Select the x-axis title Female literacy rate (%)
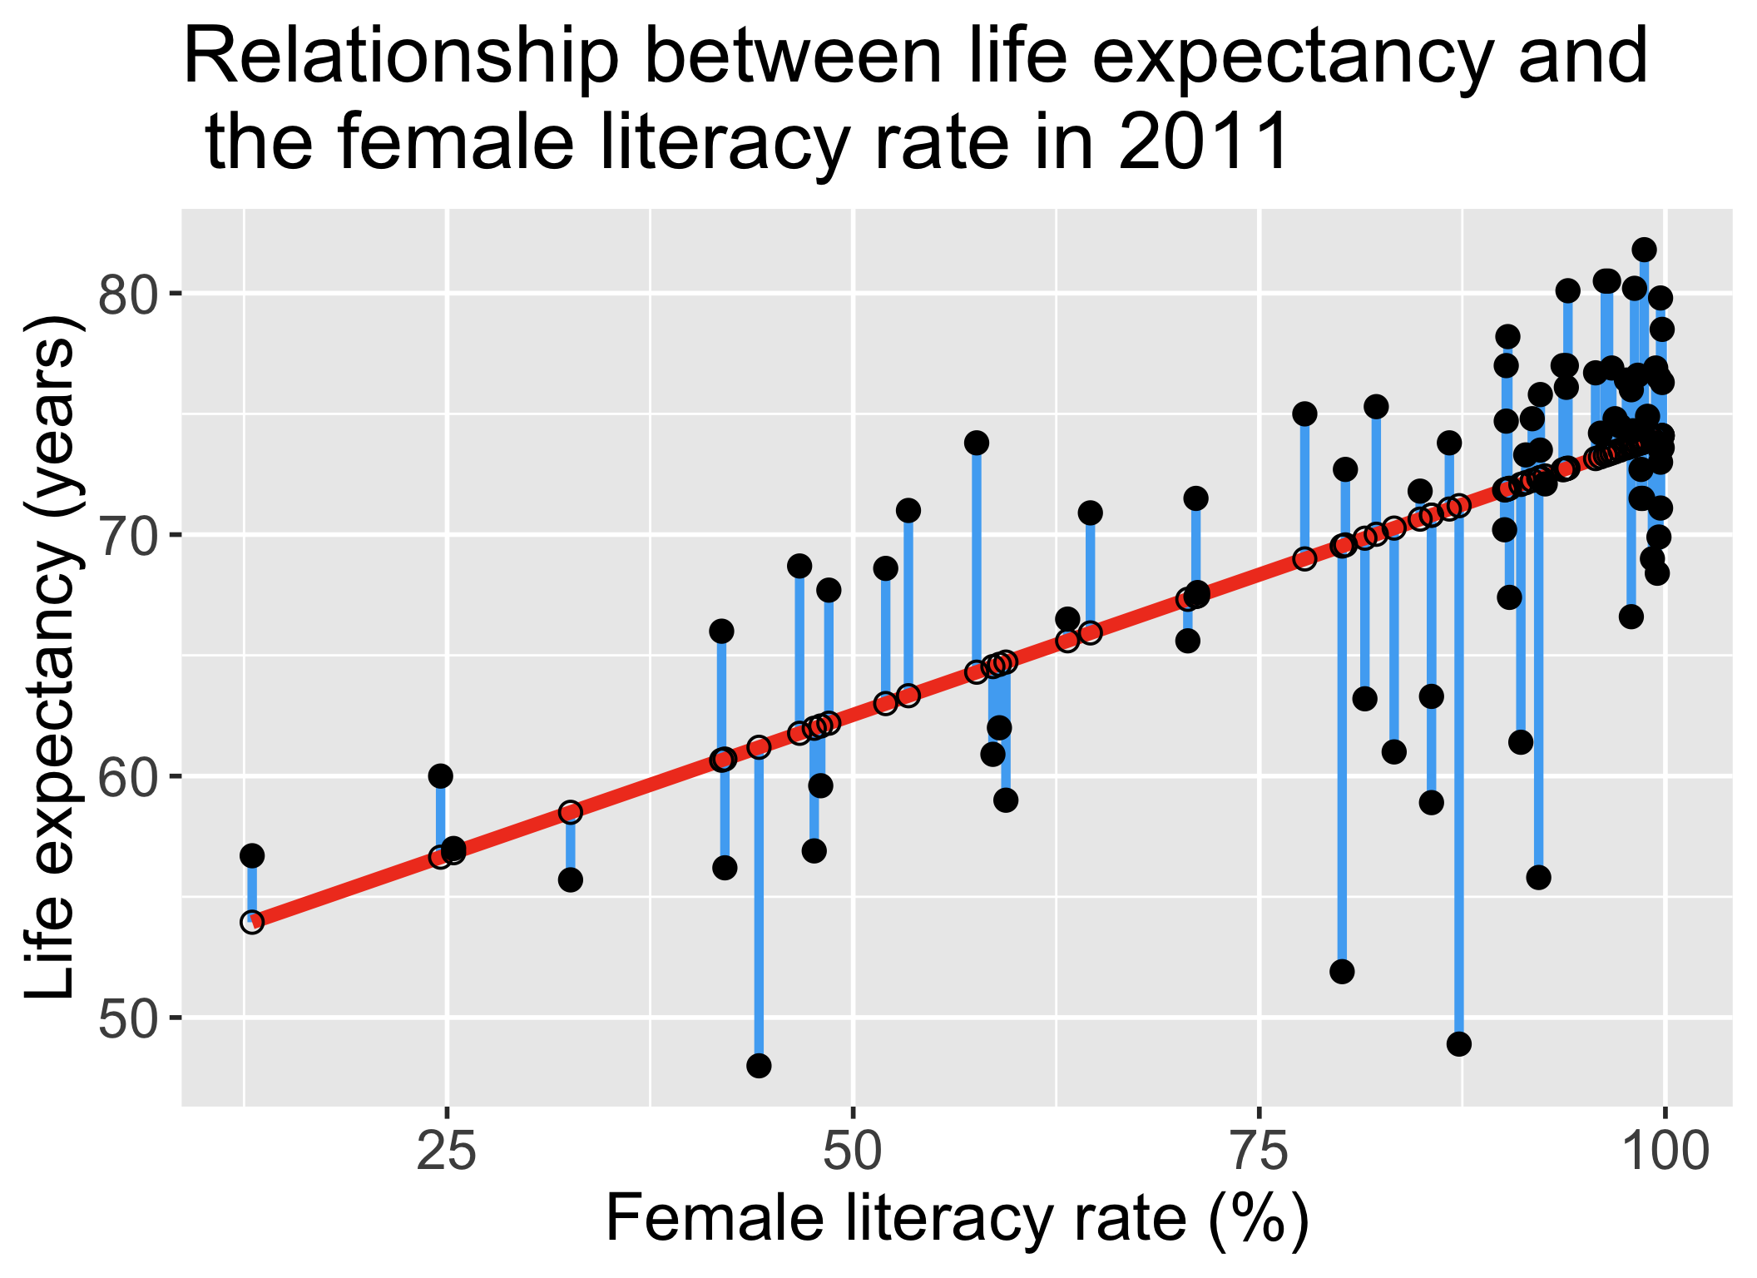[957, 1220]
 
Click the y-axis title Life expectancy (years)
[52, 657]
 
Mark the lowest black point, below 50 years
[759, 1066]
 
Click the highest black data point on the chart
[1644, 249]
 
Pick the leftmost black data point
[252, 855]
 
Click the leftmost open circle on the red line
[252, 922]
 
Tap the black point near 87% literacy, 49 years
[1458, 1044]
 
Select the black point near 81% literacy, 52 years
[1342, 972]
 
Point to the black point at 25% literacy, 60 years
[440, 776]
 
